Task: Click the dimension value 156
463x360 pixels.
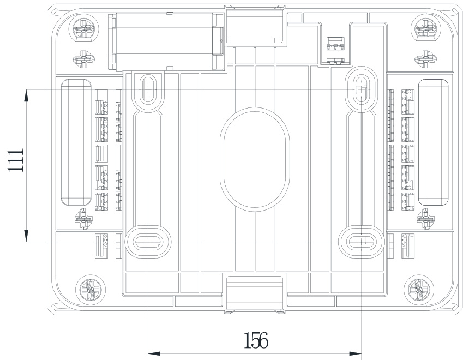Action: coord(256,340)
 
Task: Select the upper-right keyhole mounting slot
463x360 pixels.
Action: coord(361,86)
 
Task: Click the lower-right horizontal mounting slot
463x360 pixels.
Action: coord(361,241)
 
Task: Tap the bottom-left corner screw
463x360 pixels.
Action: coord(88,287)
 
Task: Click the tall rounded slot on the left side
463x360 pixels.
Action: coord(76,142)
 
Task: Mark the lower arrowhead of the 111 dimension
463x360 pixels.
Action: coord(26,236)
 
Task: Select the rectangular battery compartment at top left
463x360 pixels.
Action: coord(167,41)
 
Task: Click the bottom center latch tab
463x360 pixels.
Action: coord(255,290)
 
